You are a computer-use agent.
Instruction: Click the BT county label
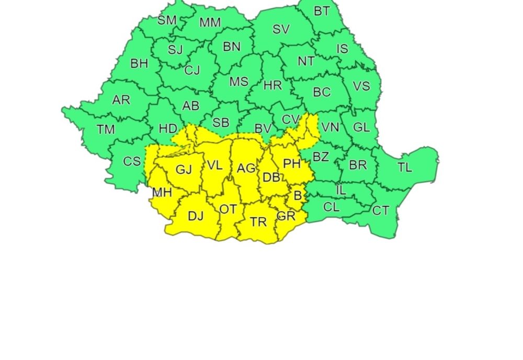(x=322, y=11)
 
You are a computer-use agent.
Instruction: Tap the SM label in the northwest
(x=167, y=20)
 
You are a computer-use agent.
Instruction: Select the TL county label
(x=404, y=167)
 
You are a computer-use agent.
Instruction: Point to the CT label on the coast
(x=380, y=210)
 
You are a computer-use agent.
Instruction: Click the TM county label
(x=106, y=129)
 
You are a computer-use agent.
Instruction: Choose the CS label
(x=132, y=162)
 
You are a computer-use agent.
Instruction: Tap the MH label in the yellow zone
(x=162, y=193)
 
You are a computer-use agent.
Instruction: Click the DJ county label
(x=195, y=216)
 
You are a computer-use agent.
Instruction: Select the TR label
(x=258, y=222)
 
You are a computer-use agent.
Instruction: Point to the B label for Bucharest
(x=298, y=196)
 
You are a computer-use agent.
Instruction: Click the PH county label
(x=292, y=164)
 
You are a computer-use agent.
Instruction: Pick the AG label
(x=246, y=168)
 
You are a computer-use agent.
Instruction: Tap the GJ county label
(x=184, y=170)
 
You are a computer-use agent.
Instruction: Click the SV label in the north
(x=281, y=29)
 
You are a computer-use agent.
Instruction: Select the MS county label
(x=238, y=82)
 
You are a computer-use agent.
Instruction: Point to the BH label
(x=139, y=64)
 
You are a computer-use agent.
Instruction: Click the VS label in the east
(x=361, y=86)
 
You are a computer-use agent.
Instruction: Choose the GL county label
(x=361, y=127)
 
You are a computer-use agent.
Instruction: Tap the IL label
(x=341, y=190)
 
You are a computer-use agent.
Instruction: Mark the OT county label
(x=228, y=209)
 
